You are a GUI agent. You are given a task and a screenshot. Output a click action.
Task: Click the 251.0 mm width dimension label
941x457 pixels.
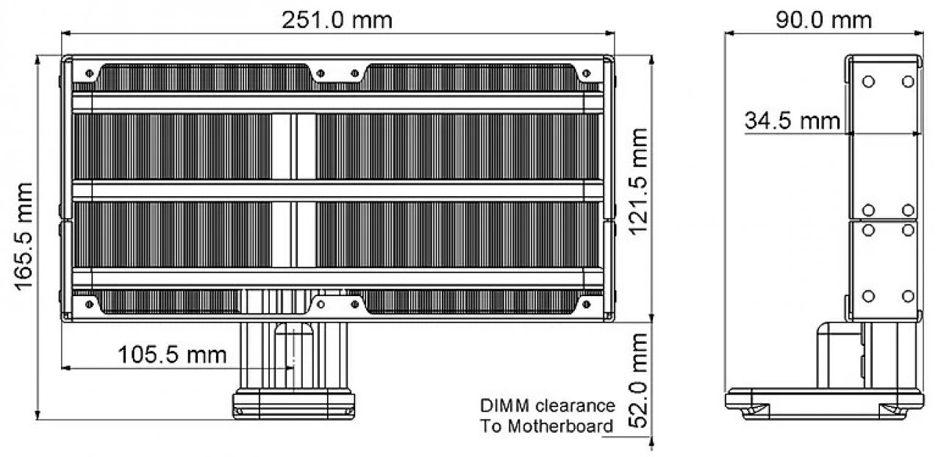point(337,20)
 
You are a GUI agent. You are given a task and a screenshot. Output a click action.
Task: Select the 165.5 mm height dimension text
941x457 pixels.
point(24,237)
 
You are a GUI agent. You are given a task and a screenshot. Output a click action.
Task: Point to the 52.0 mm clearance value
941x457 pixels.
point(639,381)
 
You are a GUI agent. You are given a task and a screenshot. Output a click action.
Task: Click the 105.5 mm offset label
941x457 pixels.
point(172,355)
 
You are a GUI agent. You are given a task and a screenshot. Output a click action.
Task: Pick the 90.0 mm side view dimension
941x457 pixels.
point(824,20)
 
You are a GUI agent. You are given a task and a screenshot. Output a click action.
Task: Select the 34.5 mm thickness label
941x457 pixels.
point(792,120)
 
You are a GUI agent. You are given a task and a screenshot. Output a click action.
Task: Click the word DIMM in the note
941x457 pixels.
point(505,406)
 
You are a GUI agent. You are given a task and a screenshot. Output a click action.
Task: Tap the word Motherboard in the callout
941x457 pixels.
point(560,426)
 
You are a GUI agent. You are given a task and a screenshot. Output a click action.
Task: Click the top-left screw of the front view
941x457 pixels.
point(89,73)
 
